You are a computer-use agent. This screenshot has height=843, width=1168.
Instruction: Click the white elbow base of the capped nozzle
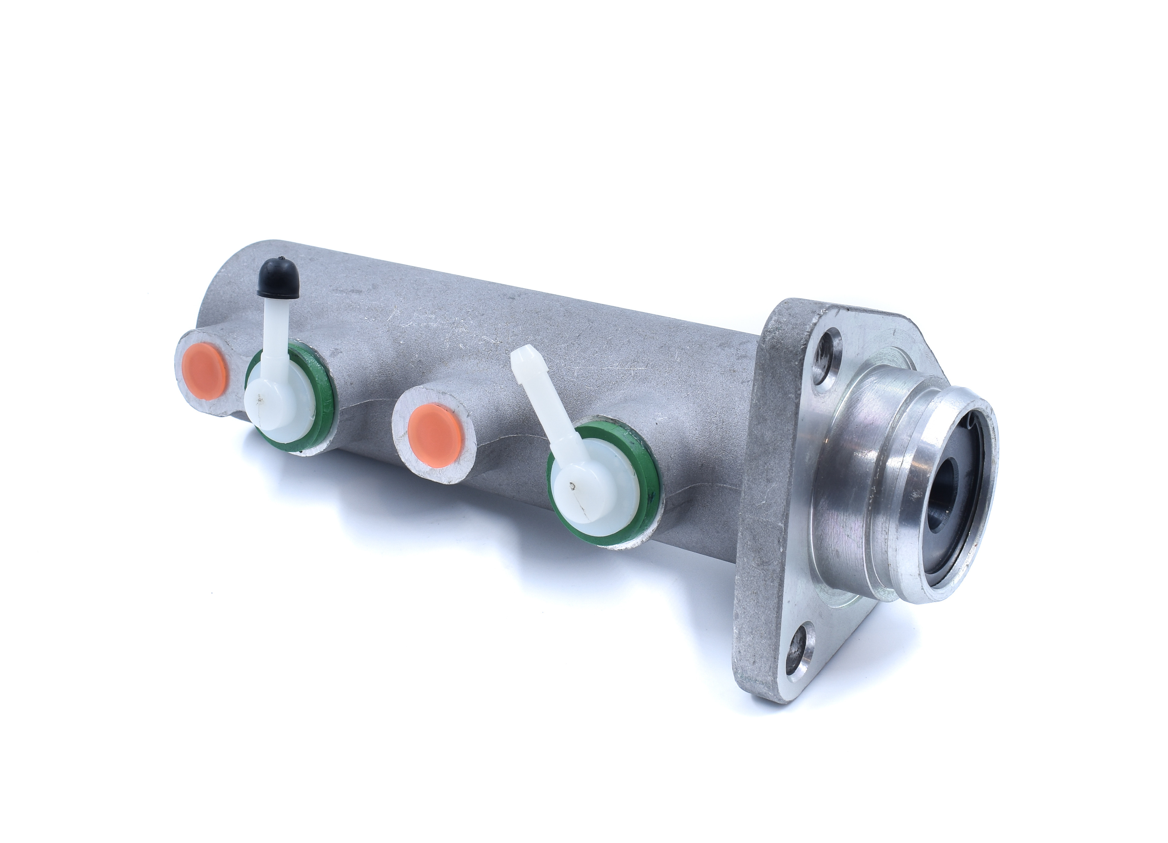(273, 407)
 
